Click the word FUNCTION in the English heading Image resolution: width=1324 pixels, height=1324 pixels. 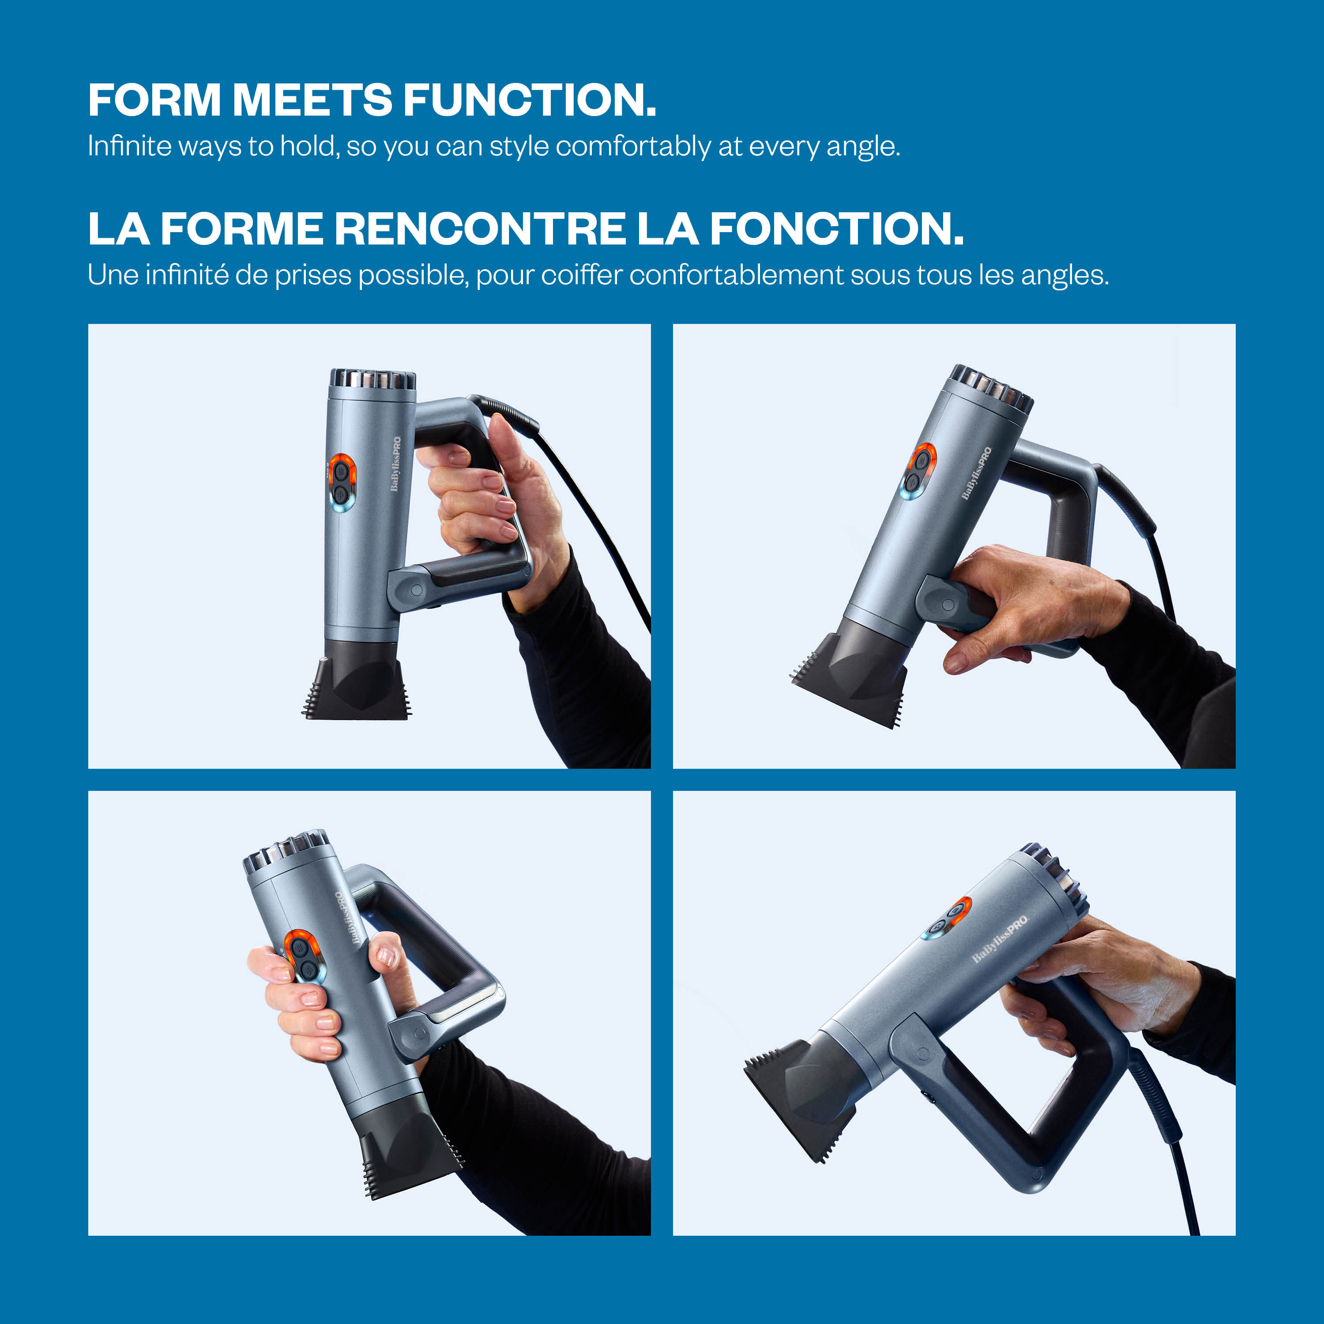529,100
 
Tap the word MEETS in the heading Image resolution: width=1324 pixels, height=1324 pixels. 312,100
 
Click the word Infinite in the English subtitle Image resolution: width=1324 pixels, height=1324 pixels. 129,146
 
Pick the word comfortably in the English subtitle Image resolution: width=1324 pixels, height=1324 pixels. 633,147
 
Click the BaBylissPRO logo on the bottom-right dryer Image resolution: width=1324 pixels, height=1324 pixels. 1001,939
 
